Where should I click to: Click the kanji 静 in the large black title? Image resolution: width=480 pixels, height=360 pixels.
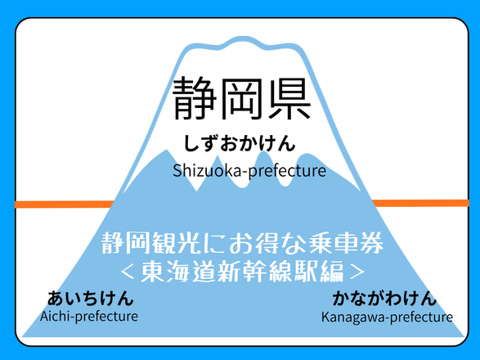[x=195, y=98]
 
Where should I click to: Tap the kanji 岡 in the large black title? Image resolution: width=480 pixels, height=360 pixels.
[x=241, y=98]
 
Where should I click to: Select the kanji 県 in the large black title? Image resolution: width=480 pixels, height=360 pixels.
[x=289, y=98]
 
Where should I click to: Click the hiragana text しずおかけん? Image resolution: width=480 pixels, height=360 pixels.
[x=240, y=143]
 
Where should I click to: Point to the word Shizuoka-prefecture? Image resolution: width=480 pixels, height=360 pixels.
[x=249, y=171]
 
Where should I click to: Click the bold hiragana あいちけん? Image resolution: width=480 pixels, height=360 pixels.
[x=91, y=298]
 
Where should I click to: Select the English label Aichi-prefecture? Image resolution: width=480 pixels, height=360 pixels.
[x=89, y=316]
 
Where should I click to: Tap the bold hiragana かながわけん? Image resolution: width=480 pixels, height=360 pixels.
[x=384, y=298]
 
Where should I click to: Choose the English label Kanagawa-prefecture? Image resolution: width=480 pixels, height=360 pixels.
[x=387, y=317]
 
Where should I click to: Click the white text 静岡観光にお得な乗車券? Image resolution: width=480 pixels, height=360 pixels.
[x=242, y=243]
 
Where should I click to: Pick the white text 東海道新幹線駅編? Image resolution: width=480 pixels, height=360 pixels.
[x=242, y=272]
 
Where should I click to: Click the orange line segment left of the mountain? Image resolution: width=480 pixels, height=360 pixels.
[x=65, y=204]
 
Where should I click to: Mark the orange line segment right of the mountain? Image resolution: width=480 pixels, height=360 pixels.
[x=420, y=203]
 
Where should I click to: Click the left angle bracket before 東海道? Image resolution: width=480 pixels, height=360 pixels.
[x=128, y=272]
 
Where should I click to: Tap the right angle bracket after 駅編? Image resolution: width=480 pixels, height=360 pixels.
[x=357, y=272]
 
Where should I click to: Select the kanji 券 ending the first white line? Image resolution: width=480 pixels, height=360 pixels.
[x=371, y=243]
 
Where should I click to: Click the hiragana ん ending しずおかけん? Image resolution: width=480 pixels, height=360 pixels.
[x=286, y=143]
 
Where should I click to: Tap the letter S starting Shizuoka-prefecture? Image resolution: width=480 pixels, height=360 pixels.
[x=177, y=171]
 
